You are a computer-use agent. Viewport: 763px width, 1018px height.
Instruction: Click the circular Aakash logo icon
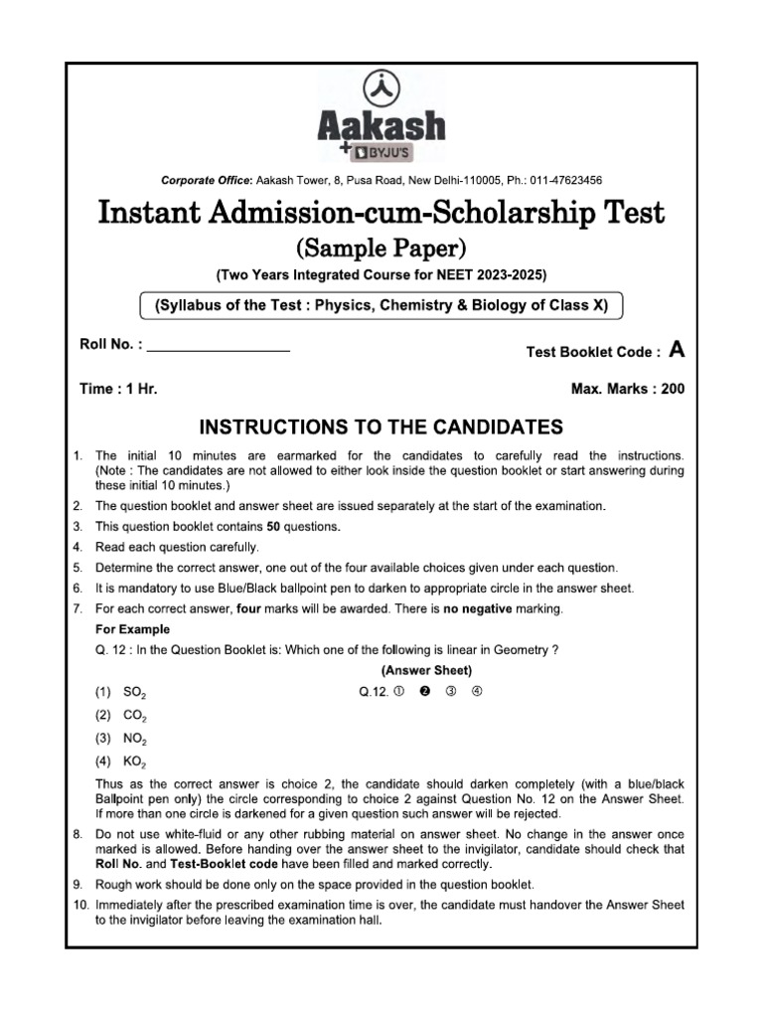[381, 88]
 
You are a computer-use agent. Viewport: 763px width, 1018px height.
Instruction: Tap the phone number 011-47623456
[561, 180]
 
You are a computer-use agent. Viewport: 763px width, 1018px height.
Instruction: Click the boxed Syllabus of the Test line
[381, 306]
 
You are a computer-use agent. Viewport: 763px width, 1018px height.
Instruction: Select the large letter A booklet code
[677, 349]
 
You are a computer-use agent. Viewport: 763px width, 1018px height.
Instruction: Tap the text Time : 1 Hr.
[118, 390]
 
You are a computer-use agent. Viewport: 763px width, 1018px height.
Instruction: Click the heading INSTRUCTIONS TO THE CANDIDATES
[381, 428]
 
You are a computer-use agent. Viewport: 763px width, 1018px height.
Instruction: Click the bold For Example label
[132, 629]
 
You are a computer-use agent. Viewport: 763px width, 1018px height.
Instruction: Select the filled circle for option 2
[424, 692]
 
